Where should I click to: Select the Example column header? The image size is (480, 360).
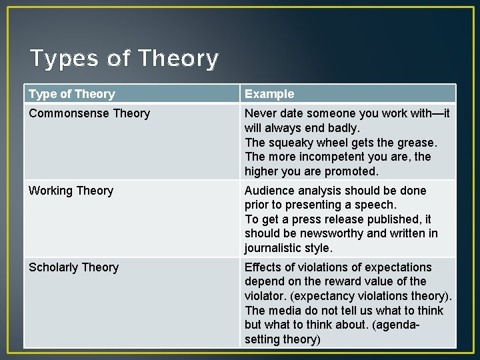pos(269,94)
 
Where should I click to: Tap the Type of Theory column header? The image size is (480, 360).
pos(72,94)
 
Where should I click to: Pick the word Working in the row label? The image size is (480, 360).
pos(50,191)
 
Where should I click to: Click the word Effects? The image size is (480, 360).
pos(264,267)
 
